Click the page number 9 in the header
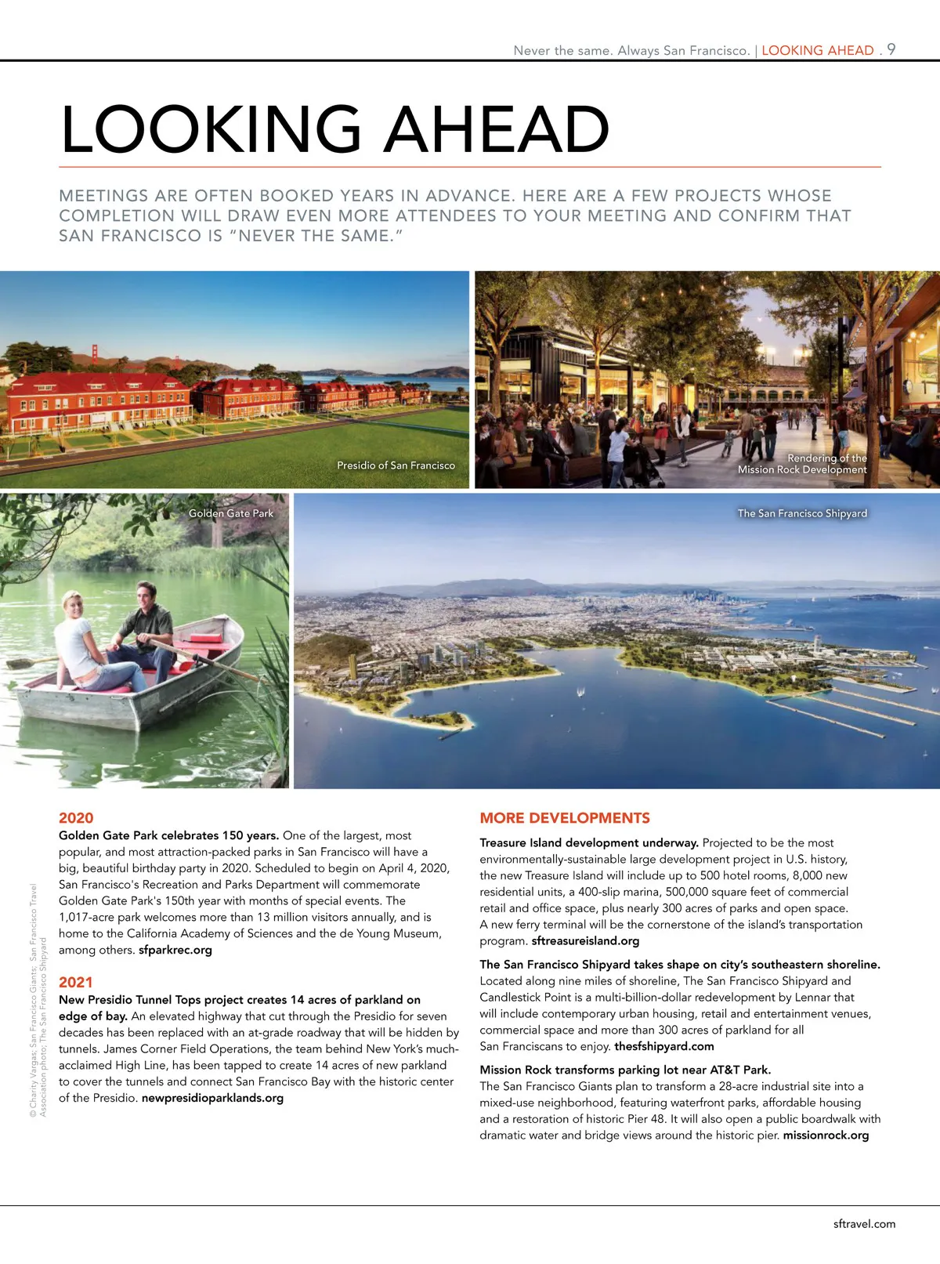click(x=891, y=49)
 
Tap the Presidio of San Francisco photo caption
click(x=396, y=465)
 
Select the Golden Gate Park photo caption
click(x=231, y=513)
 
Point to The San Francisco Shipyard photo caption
click(x=802, y=513)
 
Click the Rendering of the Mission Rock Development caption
click(x=803, y=464)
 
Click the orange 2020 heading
click(x=76, y=818)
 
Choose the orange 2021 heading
click(x=76, y=983)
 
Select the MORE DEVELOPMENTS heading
click(x=565, y=818)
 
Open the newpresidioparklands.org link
click(x=212, y=1098)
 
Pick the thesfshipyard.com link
click(x=664, y=1046)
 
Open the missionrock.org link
click(x=826, y=1135)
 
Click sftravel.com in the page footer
click(x=864, y=1224)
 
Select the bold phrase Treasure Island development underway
click(x=589, y=843)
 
